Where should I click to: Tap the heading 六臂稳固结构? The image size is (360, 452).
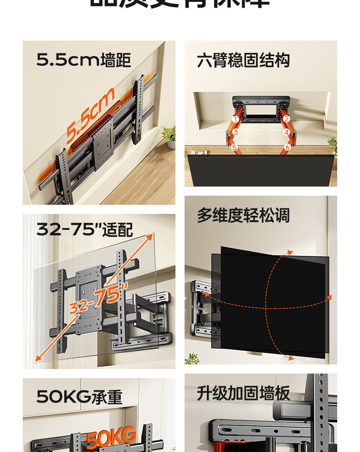[243, 60]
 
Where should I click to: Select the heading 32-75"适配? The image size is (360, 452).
[85, 229]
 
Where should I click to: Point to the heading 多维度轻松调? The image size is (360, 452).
[243, 215]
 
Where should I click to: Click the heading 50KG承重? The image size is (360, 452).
[79, 397]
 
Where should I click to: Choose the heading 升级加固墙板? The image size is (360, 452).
[243, 393]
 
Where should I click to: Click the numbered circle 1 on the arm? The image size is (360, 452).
[236, 119]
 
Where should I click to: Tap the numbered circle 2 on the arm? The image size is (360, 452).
[286, 119]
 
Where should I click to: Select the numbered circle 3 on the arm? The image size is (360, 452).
[235, 133]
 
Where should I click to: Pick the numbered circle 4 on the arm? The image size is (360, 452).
[287, 133]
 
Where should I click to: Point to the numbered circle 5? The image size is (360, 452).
[234, 147]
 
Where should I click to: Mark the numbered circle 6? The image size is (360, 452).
[287, 147]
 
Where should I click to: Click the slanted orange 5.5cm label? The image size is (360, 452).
[89, 117]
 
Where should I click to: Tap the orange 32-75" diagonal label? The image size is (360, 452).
[98, 297]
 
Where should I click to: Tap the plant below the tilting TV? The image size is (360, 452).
[192, 358]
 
